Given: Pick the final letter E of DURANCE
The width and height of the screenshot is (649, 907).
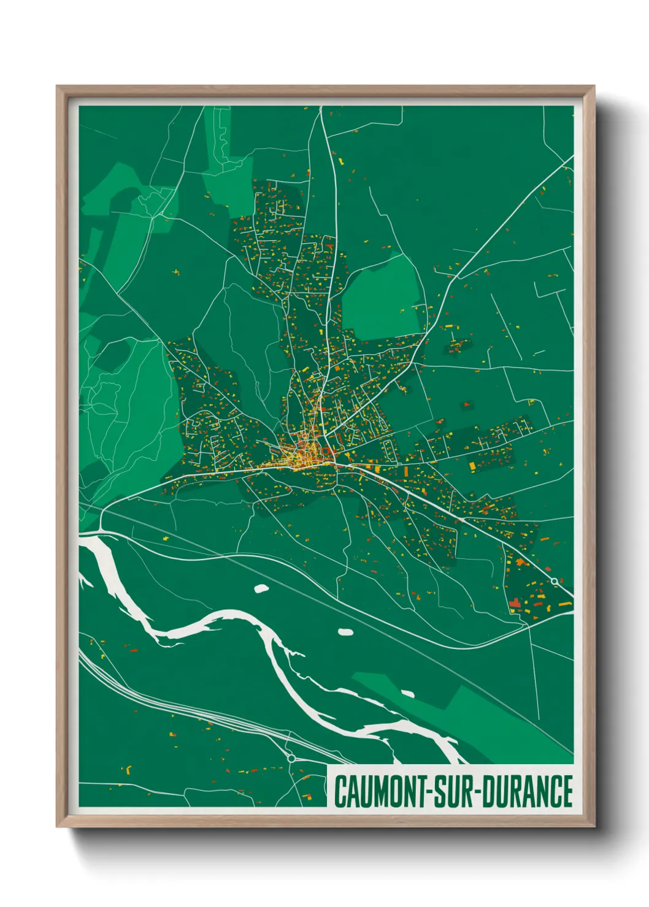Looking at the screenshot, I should click(567, 792).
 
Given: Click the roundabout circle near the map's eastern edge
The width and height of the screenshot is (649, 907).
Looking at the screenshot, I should click(555, 581).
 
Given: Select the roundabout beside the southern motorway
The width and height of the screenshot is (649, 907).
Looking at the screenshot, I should click(291, 758).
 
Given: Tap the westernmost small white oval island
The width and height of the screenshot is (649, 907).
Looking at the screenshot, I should click(261, 588).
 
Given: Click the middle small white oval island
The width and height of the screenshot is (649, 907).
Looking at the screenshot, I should click(345, 632).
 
